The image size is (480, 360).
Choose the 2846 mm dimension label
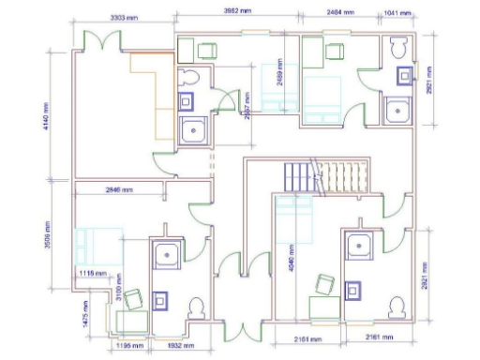pyautogui.click(x=119, y=189)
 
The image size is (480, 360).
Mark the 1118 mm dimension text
pyautogui.click(x=91, y=273)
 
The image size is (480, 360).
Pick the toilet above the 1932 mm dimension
pyautogui.click(x=197, y=308)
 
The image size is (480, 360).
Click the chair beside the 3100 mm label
pyautogui.click(x=133, y=298)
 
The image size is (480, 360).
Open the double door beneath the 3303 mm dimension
pyautogui.click(x=99, y=41)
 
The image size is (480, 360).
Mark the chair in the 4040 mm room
pyautogui.click(x=325, y=283)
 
